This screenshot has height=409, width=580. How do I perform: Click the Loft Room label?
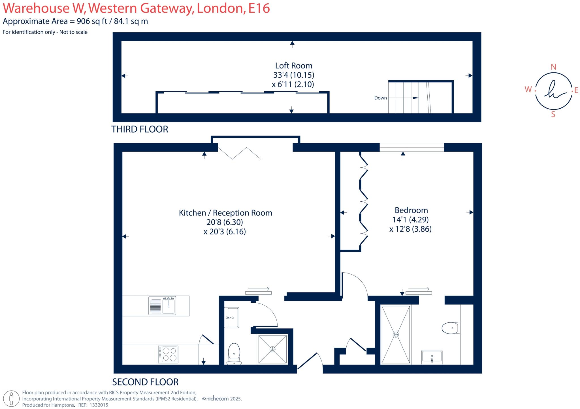tap(294, 66)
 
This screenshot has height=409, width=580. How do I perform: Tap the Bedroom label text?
tap(411, 210)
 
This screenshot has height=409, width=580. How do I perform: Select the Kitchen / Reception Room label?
tap(225, 213)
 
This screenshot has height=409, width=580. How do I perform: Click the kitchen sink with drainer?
tap(162, 305)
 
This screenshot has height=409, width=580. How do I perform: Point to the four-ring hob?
tap(168, 354)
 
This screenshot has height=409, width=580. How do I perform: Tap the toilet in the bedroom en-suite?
tap(451, 328)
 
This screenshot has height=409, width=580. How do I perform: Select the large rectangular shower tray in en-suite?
tap(396, 335)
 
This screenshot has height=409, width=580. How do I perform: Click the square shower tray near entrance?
tap(272, 349)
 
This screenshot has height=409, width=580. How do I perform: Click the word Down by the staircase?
tap(380, 98)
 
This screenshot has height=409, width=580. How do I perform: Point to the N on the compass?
tap(553, 67)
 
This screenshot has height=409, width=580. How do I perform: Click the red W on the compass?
tap(528, 90)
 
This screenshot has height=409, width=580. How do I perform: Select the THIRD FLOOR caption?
tap(140, 129)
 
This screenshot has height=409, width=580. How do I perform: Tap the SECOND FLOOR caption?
tap(145, 382)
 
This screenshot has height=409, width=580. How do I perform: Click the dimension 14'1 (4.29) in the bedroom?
tap(410, 219)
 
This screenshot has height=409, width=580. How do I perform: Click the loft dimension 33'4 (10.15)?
tap(294, 75)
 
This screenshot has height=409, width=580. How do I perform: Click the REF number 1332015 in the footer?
tap(99, 405)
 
